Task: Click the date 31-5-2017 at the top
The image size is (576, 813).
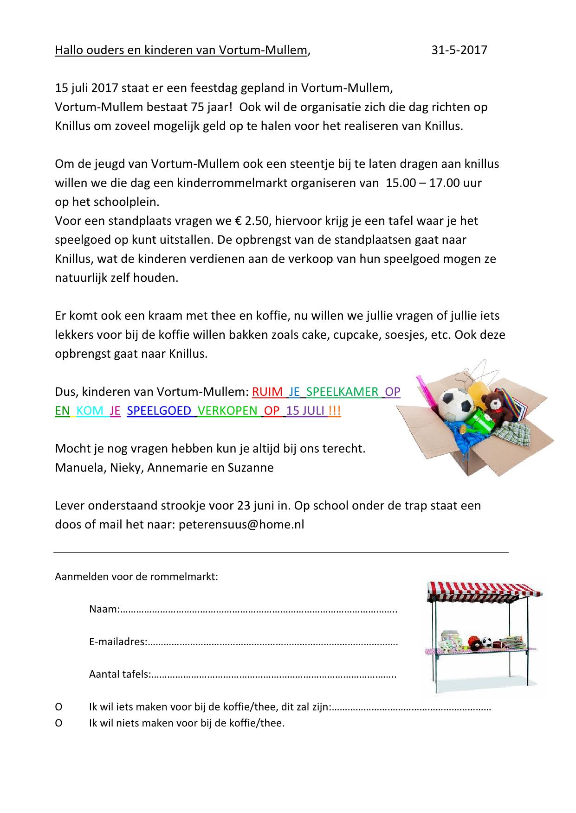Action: (459, 50)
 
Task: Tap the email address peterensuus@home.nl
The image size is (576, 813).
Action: (241, 524)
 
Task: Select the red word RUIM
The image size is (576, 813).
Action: (267, 392)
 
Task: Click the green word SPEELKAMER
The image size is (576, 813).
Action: (343, 392)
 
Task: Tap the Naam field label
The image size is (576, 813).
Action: (104, 609)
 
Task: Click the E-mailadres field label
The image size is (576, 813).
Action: (118, 642)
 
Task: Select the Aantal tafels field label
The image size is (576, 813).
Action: (119, 674)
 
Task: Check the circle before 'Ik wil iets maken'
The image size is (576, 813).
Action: (58, 707)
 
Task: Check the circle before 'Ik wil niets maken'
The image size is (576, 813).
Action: (58, 723)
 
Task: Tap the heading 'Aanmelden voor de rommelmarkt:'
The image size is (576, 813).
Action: (136, 577)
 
